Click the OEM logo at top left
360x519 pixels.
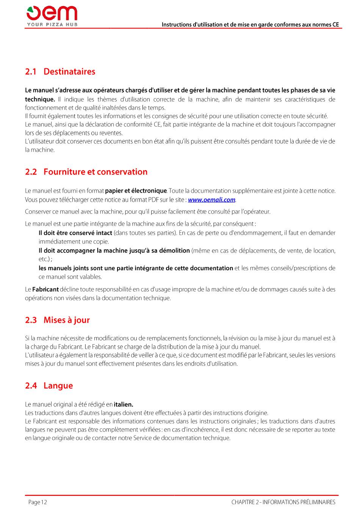52,14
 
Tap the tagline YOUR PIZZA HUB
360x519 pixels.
52,25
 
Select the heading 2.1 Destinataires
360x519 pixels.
60,72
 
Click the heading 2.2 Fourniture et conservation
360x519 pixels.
86,172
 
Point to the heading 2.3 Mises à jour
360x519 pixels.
57,320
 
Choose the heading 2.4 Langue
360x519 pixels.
49,386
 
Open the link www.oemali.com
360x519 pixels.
211,200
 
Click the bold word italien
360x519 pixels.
123,405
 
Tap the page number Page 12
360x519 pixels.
38,502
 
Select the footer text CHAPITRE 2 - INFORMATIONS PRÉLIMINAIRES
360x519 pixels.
283,502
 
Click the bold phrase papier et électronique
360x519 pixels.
136,191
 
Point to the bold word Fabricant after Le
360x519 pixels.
45,290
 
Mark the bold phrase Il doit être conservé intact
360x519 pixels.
75,233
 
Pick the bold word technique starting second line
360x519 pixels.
40,99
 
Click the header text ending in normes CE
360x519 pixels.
250,25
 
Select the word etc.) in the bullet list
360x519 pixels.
44,259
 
